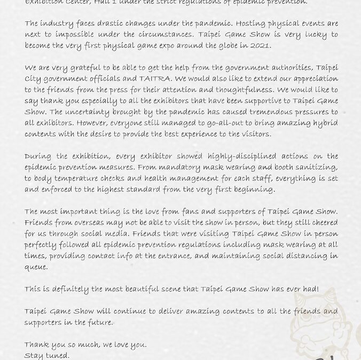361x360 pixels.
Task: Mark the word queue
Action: [x=36, y=267]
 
